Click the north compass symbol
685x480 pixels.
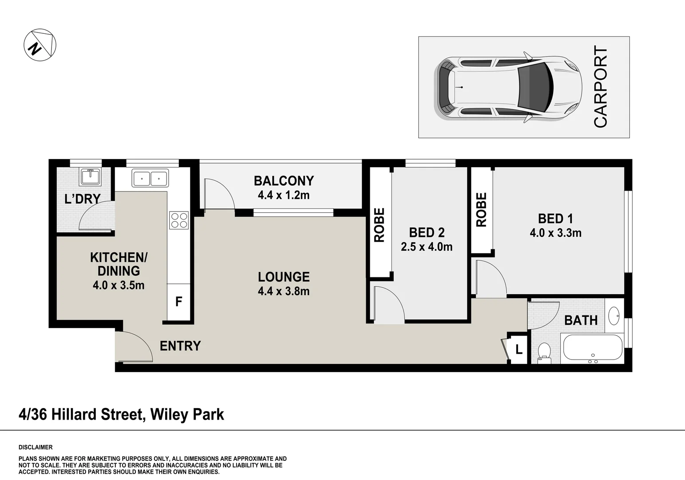click(x=40, y=45)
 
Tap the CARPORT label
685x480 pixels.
click(x=600, y=87)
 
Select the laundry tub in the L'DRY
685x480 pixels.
click(x=90, y=176)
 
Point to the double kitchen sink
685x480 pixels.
click(x=150, y=178)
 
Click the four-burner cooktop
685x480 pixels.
click(x=179, y=220)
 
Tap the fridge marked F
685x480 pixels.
click(x=178, y=302)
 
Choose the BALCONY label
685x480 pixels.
click(x=284, y=181)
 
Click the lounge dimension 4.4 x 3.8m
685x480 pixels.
click(x=284, y=291)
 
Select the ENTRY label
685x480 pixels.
click(x=180, y=346)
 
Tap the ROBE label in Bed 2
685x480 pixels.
click(x=379, y=225)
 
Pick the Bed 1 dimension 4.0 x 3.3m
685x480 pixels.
click(x=555, y=233)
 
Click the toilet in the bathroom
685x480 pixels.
click(x=544, y=353)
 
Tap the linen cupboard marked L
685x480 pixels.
click(x=519, y=349)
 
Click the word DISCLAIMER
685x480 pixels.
click(x=36, y=447)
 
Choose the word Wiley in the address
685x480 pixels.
click(x=169, y=415)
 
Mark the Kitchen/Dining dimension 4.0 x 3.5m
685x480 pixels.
click(x=119, y=285)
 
